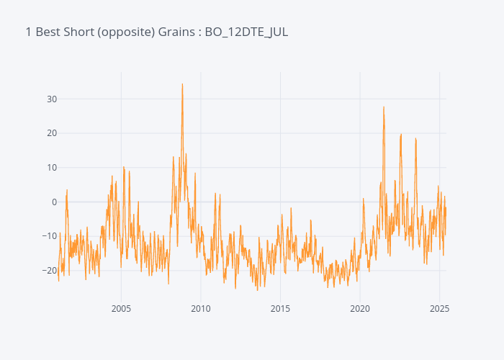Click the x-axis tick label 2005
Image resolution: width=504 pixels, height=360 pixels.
tap(121, 309)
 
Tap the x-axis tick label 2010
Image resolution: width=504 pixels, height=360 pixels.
tap(201, 309)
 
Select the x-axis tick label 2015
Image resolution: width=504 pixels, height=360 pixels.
tap(280, 309)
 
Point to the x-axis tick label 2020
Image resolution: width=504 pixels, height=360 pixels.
tap(360, 309)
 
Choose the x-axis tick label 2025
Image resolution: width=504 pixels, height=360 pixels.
tap(439, 309)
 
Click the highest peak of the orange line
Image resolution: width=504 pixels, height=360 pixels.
tap(182, 84)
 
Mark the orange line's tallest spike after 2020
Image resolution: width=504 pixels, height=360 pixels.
tap(384, 107)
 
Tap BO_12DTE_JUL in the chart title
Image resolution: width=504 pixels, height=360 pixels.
tap(246, 32)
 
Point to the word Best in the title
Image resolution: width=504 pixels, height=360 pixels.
tap(49, 32)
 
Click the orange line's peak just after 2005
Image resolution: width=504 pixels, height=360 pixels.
tap(124, 167)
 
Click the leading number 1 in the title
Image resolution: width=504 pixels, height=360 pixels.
tap(28, 32)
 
